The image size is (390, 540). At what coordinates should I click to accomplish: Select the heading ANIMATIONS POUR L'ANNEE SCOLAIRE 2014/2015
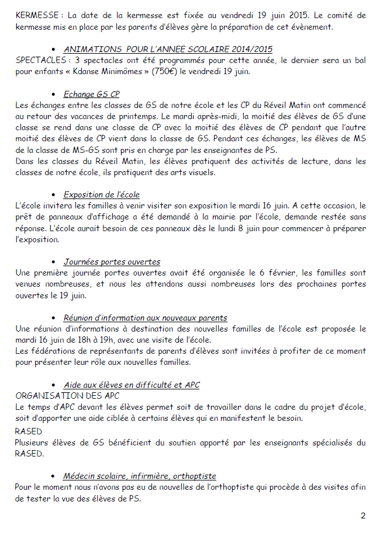coord(168,49)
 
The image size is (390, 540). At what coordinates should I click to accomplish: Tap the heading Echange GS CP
coord(92,94)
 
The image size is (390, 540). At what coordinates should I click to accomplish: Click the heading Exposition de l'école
coord(102,194)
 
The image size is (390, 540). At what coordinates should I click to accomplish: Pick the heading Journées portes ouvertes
coord(112,262)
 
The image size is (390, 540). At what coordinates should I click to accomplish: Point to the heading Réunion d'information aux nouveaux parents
coord(146,318)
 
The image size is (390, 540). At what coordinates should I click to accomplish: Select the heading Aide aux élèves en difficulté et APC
coord(132,385)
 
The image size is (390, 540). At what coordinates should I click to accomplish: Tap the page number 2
coord(363,515)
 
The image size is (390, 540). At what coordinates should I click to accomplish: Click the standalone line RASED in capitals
coord(28,431)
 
